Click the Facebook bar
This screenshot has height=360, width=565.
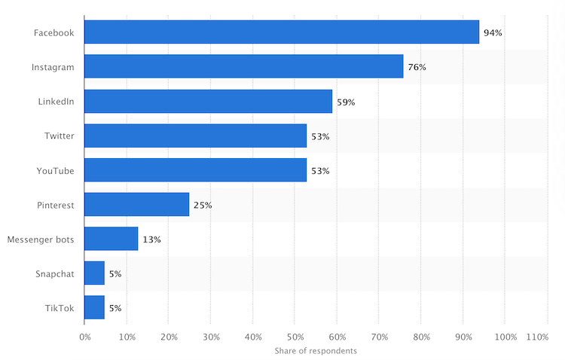(282, 32)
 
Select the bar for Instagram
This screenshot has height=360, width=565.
(243, 67)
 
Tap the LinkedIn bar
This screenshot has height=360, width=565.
(208, 102)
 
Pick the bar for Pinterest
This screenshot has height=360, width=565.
(136, 204)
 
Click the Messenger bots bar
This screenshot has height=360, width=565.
(111, 239)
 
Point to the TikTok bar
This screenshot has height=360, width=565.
(94, 307)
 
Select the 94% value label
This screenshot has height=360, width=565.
(493, 32)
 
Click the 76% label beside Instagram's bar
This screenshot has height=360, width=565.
(417, 67)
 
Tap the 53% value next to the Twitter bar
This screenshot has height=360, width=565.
(320, 136)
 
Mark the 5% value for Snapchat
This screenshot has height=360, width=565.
(115, 273)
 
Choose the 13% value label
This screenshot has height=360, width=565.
(151, 239)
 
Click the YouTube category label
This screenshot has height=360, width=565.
(56, 171)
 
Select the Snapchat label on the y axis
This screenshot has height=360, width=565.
(55, 273)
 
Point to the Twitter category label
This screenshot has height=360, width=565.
(60, 136)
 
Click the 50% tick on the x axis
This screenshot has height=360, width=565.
(295, 337)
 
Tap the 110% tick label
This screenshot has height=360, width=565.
(537, 337)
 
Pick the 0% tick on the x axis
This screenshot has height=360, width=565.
(84, 337)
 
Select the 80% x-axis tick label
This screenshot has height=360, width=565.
(421, 337)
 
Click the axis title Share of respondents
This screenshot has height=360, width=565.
(316, 351)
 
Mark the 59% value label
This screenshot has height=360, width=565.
(345, 102)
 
